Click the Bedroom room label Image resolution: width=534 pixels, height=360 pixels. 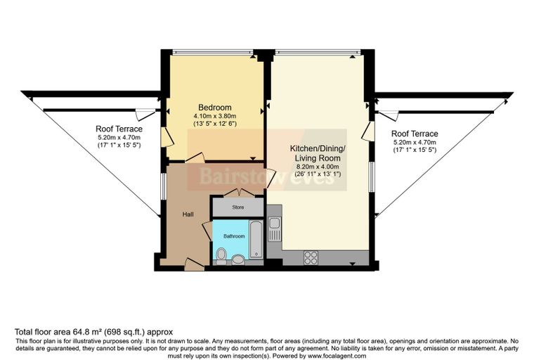[x=215, y=108]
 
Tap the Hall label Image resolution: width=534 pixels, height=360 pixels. [x=188, y=214]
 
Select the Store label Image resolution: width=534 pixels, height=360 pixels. [x=238, y=207]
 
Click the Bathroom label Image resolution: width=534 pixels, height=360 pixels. [x=234, y=236]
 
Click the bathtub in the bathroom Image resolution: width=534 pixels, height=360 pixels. [x=256, y=239]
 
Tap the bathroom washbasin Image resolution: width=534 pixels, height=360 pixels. [x=238, y=259]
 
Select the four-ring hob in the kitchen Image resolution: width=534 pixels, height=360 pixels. [x=311, y=258]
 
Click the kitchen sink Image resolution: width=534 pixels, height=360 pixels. [x=275, y=229]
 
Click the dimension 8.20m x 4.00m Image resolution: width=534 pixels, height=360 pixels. [x=318, y=167]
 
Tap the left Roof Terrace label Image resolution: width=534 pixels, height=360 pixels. [x=119, y=129]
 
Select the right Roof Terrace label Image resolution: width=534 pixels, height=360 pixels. [x=415, y=134]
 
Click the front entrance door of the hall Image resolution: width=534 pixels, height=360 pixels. [x=194, y=264]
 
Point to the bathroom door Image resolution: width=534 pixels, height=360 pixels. [x=207, y=231]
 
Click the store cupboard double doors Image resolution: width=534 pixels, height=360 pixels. [x=238, y=192]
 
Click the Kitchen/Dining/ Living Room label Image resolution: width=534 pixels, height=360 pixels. [x=318, y=153]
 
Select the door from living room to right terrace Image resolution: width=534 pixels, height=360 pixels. [x=368, y=131]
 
